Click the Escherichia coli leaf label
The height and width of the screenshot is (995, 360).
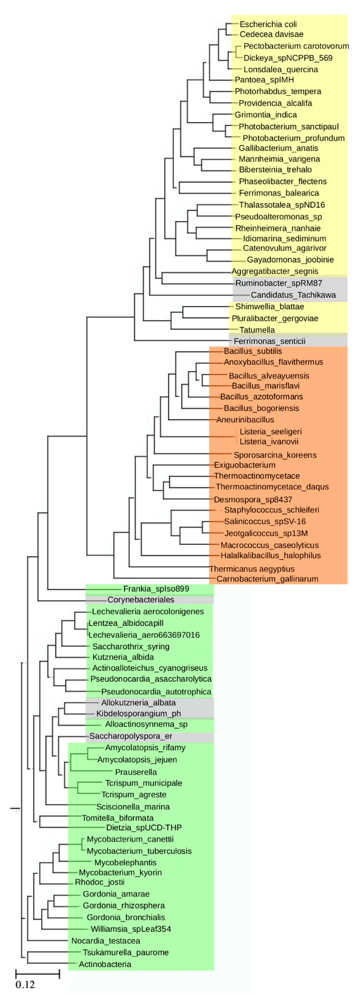coord(268,24)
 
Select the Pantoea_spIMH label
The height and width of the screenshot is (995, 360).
coord(264,80)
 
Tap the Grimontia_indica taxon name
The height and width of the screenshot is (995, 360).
coord(266,115)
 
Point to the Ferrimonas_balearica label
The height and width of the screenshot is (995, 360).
coord(279,193)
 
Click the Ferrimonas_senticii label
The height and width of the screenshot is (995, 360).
coord(269,341)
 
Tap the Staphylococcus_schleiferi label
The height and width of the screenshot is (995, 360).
coord(271,510)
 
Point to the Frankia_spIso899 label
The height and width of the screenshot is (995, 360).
coord(156,589)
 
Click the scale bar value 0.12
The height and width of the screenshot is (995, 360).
coord(25,985)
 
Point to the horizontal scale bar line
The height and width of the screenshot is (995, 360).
coord(38,974)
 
